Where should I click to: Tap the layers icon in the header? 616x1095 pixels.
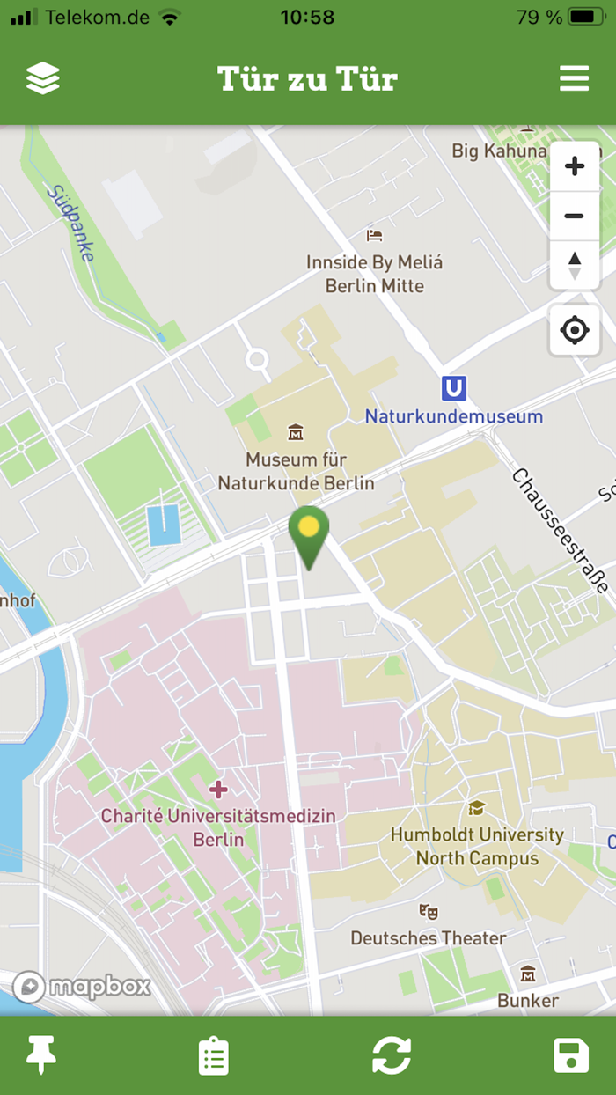point(42,79)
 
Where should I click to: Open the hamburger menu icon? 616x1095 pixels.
point(574,79)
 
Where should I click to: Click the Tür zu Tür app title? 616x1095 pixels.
point(307,79)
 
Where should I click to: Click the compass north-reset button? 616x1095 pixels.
point(575,264)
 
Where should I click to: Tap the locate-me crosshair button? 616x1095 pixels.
point(575,331)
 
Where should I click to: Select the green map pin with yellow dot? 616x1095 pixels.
point(309,533)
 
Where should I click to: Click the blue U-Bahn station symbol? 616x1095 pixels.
point(454,388)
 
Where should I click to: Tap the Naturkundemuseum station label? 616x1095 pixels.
point(454,416)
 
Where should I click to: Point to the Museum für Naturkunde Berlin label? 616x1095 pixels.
point(296,472)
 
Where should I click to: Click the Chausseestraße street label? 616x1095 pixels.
point(560,530)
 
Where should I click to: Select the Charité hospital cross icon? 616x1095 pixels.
point(218,790)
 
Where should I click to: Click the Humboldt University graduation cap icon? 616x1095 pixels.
point(477,808)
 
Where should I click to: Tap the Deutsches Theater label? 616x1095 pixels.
point(429,938)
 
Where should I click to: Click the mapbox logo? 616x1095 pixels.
point(82,987)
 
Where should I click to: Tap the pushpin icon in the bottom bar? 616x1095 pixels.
point(41,1055)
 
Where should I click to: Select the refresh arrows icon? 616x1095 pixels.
point(392,1055)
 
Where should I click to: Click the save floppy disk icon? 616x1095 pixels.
point(571,1055)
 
